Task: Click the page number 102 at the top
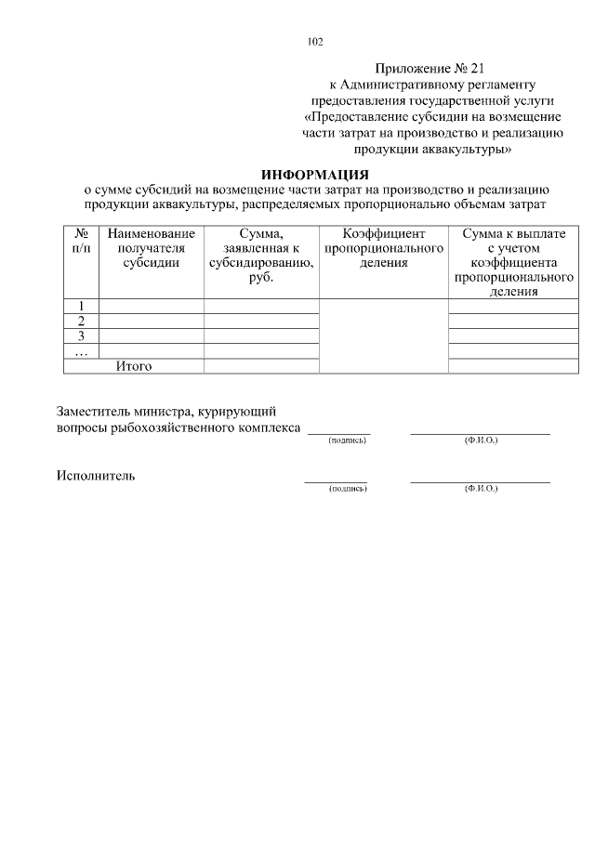[x=314, y=41]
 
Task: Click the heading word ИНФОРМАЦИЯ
[x=315, y=174]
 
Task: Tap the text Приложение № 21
[x=430, y=68]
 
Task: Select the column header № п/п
[x=81, y=242]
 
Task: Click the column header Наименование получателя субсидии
[x=151, y=248]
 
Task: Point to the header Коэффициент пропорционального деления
[x=383, y=248]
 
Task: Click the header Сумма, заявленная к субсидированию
[x=260, y=256]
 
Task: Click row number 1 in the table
[x=81, y=307]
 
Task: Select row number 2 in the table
[x=81, y=322]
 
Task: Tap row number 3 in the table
[x=81, y=336]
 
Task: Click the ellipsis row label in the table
[x=81, y=351]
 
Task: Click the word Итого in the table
[x=134, y=366]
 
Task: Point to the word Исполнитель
[x=96, y=476]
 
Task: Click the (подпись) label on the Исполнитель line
[x=348, y=488]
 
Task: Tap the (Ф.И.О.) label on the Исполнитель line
[x=481, y=488]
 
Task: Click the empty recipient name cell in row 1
[x=151, y=307]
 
